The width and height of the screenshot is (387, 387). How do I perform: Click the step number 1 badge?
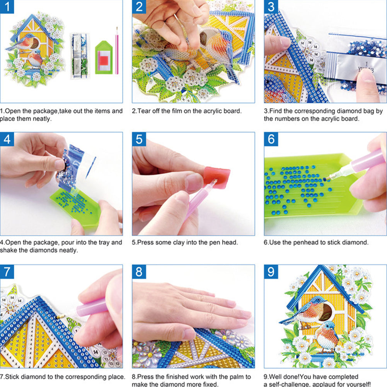7,7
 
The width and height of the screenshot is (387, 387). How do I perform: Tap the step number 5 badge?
139,140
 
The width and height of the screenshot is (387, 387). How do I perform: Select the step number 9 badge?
271,272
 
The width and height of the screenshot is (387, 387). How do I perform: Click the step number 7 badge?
7,272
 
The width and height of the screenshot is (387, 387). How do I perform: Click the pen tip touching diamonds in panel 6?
328,178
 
